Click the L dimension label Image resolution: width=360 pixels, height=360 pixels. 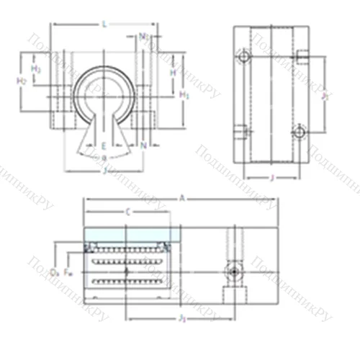105,24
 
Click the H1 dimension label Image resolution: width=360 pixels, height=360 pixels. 184,94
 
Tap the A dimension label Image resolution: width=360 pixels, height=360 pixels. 182,197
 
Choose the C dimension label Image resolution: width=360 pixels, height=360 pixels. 127,212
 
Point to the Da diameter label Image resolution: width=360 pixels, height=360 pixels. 55,271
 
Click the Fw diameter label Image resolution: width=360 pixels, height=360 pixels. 68,271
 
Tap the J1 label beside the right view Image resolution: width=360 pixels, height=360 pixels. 325,94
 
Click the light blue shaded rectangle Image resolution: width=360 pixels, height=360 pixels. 127,235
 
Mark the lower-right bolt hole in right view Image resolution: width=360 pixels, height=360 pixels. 300,130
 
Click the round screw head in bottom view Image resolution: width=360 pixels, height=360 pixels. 232,271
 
